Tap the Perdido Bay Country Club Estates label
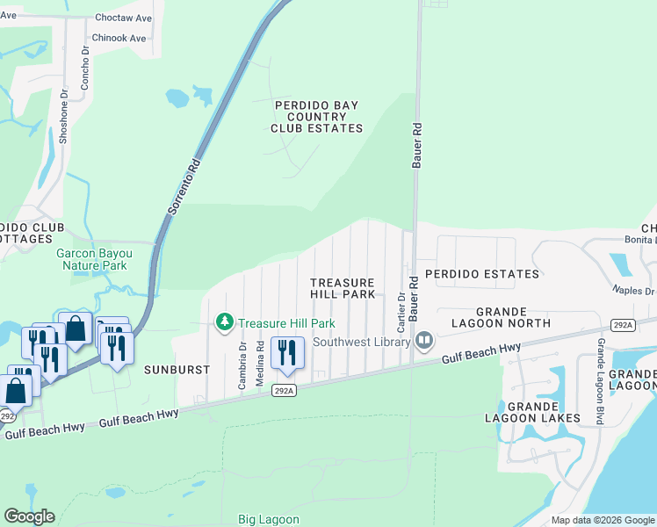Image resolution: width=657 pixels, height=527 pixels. [x=316, y=117]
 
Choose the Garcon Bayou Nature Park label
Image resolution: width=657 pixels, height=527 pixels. [x=92, y=259]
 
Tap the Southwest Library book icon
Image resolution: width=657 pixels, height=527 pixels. [x=425, y=340]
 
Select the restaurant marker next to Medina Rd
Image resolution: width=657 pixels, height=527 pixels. [x=287, y=352]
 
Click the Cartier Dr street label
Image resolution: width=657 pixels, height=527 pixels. [x=401, y=313]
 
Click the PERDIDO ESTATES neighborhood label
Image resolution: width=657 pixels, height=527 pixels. [x=482, y=274]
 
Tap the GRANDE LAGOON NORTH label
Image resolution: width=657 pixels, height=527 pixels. [x=513, y=317]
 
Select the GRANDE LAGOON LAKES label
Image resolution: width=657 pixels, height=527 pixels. [x=533, y=412]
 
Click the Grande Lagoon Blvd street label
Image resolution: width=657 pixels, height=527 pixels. [x=601, y=382]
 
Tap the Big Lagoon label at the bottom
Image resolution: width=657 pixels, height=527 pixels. [x=269, y=519]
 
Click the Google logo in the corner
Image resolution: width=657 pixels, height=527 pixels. [x=29, y=516]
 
